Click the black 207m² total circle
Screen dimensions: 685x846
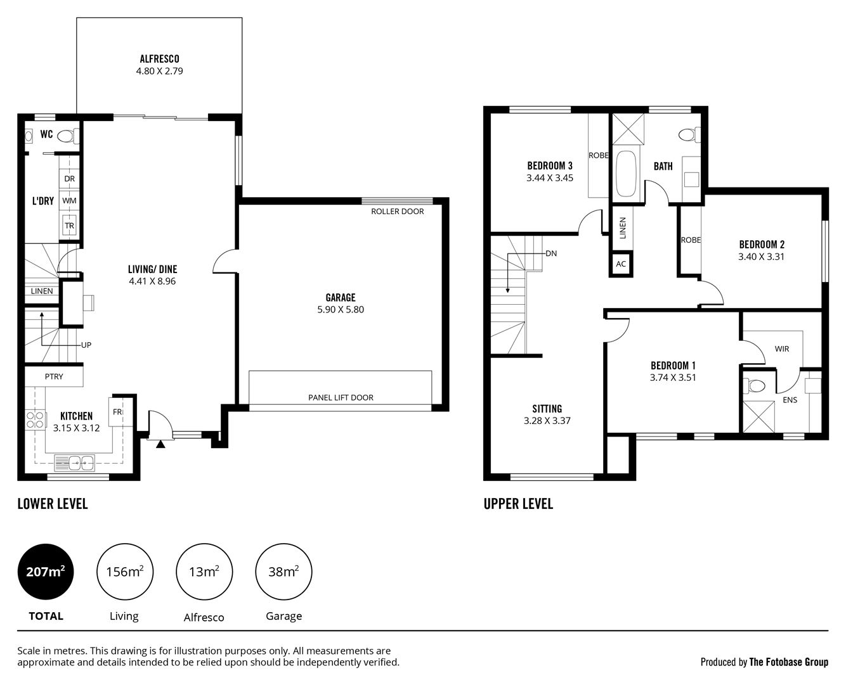(46, 572)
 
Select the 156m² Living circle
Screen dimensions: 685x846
(124, 572)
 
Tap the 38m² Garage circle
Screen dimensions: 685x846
(283, 572)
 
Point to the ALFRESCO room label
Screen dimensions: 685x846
(159, 59)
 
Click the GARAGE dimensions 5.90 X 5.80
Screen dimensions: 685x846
(341, 310)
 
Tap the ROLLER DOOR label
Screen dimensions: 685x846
(398, 211)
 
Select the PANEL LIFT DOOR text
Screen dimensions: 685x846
(341, 397)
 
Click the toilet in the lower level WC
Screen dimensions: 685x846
(67, 136)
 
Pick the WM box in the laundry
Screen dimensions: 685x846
(70, 201)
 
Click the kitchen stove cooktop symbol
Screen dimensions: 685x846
(35, 419)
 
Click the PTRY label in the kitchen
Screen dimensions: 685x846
(54, 376)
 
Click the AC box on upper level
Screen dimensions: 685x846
(621, 264)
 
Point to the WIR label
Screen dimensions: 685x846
(782, 349)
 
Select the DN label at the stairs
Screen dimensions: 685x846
(551, 253)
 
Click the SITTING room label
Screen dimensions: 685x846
(547, 409)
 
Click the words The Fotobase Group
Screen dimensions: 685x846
(788, 662)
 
